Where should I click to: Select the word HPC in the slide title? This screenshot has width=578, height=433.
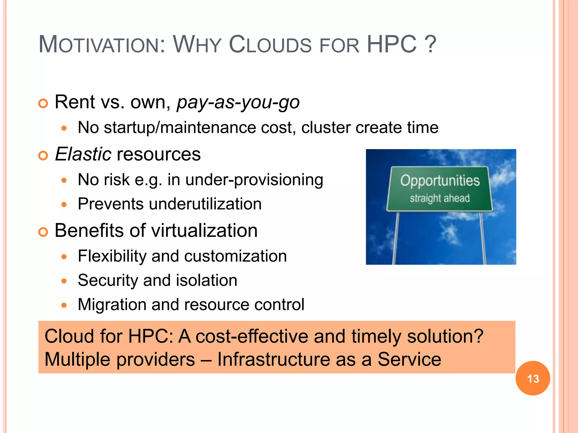[x=391, y=45]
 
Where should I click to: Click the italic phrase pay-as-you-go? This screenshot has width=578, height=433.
[x=238, y=102]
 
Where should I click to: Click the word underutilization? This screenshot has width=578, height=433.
[x=205, y=204]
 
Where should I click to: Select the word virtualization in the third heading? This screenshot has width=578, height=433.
[x=204, y=231]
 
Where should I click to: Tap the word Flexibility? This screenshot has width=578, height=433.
[x=112, y=256]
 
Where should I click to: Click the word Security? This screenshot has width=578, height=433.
[x=108, y=280]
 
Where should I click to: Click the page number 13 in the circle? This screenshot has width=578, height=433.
[x=533, y=379]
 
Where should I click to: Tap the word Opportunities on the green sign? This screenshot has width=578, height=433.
[x=440, y=180]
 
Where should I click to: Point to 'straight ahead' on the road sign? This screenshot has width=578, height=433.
[x=440, y=198]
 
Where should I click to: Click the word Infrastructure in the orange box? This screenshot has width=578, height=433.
[x=273, y=360]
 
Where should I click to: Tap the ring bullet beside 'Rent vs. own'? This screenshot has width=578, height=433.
[x=43, y=104]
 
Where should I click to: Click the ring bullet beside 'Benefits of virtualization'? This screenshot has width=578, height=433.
[x=43, y=232]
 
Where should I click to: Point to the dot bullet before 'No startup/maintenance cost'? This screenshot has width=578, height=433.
[x=64, y=128]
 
